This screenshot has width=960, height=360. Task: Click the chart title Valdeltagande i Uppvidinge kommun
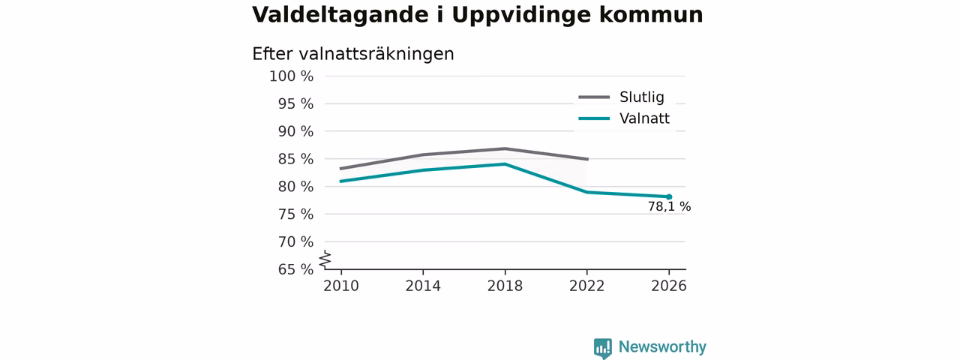click(478, 16)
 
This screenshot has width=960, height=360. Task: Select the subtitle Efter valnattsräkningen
click(353, 55)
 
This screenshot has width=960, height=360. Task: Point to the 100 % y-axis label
click(292, 76)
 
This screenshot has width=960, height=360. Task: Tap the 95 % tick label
click(295, 103)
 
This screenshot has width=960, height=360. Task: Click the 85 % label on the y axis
click(295, 159)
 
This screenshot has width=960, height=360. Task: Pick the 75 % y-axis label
click(295, 214)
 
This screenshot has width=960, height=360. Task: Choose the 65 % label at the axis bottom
click(295, 269)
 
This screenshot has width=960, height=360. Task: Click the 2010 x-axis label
click(341, 286)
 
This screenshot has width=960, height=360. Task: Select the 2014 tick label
click(423, 286)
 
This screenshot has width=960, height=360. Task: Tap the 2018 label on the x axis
click(505, 286)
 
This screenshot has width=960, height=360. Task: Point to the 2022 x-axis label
click(586, 286)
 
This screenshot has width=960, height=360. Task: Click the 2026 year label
click(668, 286)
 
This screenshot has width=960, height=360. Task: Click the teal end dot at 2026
click(669, 196)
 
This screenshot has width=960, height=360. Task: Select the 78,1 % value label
click(669, 207)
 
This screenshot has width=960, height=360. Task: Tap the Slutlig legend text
click(641, 97)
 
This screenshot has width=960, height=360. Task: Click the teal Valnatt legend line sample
click(594, 118)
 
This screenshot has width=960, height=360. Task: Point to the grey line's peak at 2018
click(505, 148)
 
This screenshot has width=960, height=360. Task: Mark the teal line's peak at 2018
click(505, 163)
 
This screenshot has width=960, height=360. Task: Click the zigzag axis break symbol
click(325, 259)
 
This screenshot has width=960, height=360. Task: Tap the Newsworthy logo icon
click(602, 348)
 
